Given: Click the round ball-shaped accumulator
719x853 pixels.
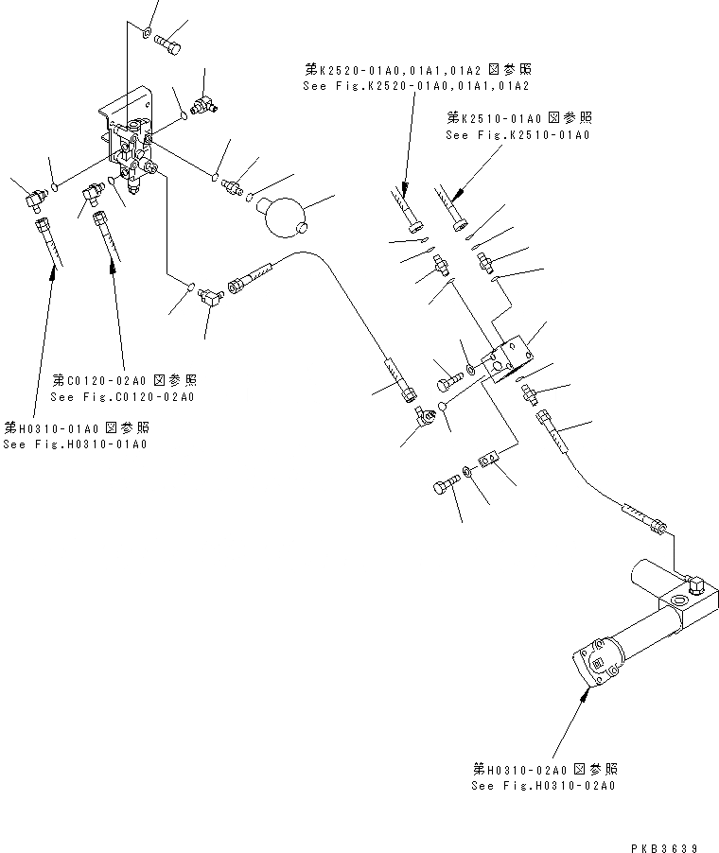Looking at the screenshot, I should pos(282,217).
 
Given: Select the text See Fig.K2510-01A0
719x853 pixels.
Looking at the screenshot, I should pos(517,136).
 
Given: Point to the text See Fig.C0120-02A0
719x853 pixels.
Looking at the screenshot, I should pos(123,397).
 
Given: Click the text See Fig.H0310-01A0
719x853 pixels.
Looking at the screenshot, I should pos(75,445).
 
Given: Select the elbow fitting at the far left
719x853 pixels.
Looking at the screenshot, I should pos(38,198).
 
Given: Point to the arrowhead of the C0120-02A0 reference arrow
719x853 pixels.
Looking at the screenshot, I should pos(114,259).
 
